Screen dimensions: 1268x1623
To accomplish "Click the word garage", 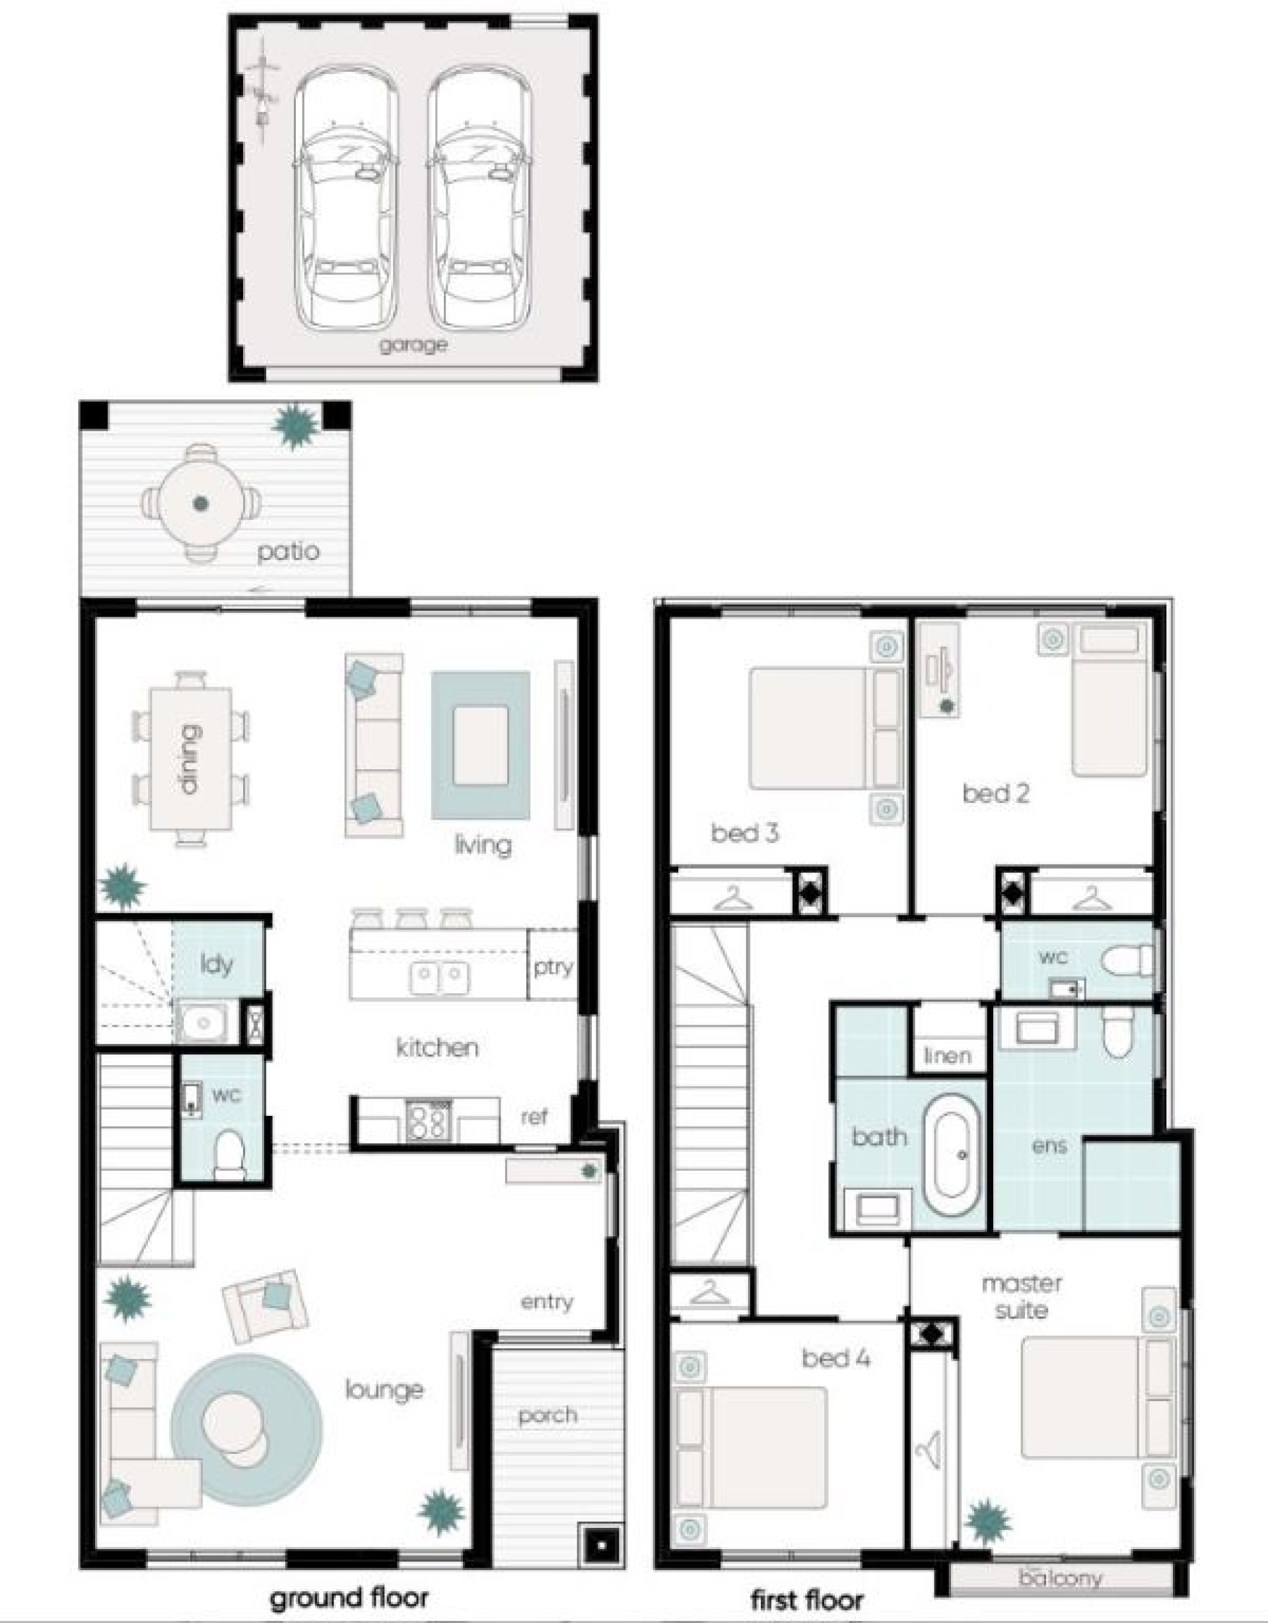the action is tap(413, 345).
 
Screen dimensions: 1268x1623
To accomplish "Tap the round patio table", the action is tap(201, 503).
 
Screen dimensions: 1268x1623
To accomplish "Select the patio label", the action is tap(289, 551).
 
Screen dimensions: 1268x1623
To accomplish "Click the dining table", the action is tap(191, 759).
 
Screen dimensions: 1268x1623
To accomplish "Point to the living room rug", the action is tap(481, 745).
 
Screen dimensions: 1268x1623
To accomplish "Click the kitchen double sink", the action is tap(440, 977).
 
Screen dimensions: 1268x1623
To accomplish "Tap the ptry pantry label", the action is tap(553, 967).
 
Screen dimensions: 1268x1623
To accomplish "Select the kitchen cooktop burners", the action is tap(428, 1121).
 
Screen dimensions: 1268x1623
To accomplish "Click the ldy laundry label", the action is tap(217, 964).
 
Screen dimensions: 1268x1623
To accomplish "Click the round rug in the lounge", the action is tap(247, 1429).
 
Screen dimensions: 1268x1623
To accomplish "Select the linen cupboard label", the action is tap(948, 1055).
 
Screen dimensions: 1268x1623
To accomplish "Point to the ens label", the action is tap(1049, 1146).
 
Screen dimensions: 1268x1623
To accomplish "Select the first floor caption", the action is tap(808, 1600).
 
